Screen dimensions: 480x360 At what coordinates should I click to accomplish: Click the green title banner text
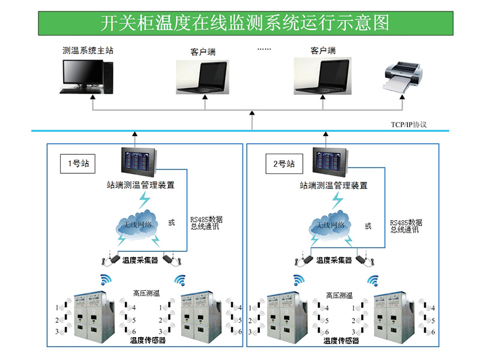245,23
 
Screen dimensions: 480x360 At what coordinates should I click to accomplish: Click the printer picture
403,77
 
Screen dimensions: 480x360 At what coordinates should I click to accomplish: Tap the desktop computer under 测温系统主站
86,77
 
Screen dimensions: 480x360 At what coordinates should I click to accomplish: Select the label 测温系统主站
88,50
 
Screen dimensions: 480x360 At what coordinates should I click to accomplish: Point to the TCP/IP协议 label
409,125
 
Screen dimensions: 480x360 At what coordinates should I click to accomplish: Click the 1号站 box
78,164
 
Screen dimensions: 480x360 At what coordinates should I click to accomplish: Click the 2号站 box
284,164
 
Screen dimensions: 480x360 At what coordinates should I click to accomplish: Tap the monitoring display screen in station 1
139,162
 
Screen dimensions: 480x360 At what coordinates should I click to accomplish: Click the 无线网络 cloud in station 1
137,225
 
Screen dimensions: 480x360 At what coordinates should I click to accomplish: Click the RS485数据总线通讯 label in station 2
406,226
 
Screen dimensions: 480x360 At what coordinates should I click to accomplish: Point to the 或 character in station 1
172,223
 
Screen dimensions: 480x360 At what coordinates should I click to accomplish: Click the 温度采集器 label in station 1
140,260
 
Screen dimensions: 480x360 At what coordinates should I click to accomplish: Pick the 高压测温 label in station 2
339,295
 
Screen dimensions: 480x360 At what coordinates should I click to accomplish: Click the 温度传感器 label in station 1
148,340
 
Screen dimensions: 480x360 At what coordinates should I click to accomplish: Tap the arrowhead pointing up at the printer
402,97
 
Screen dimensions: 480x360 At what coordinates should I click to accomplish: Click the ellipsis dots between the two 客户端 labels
264,49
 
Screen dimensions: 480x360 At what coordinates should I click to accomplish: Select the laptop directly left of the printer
323,76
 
